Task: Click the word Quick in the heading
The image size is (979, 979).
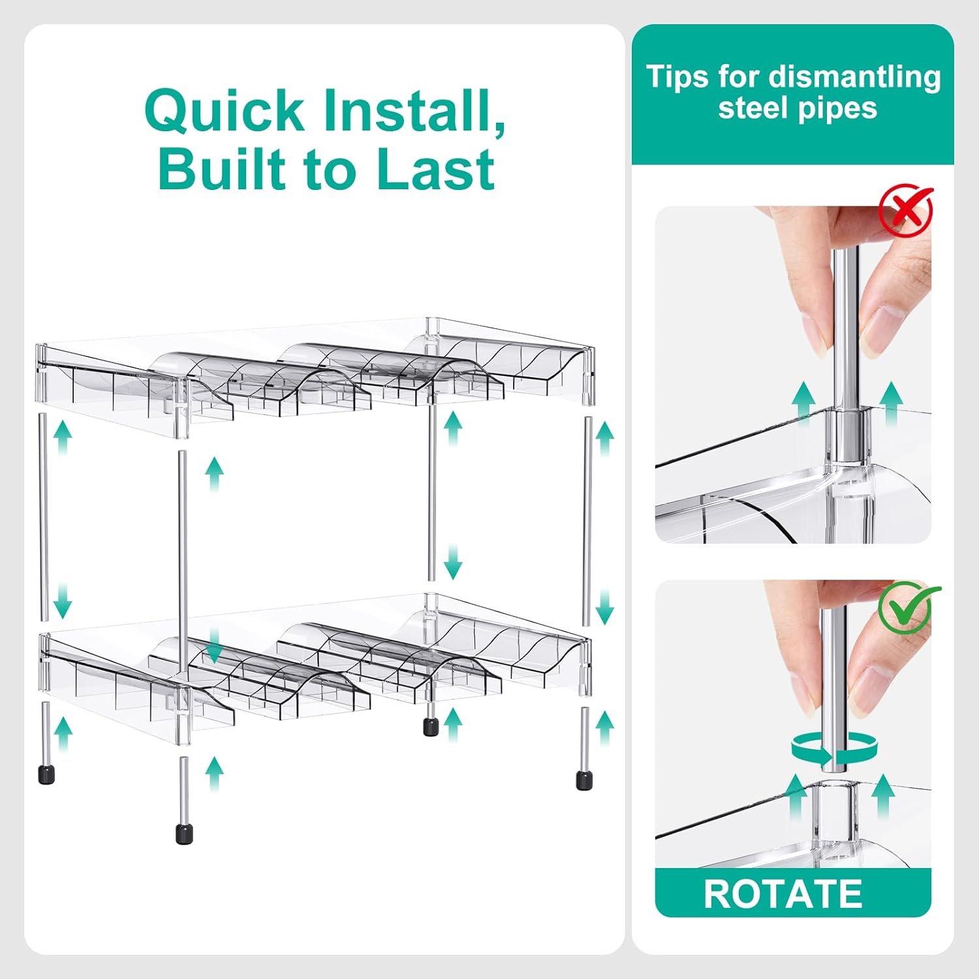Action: tap(224, 111)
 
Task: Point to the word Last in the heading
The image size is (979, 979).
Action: tap(435, 170)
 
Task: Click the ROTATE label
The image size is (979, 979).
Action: tap(783, 894)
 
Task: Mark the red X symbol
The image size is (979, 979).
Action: tap(906, 210)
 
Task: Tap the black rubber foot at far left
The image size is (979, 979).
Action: tap(46, 774)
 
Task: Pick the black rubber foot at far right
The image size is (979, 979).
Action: tap(583, 780)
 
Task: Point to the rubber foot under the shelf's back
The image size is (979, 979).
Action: tap(430, 726)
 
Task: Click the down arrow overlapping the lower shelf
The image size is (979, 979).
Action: tap(214, 645)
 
